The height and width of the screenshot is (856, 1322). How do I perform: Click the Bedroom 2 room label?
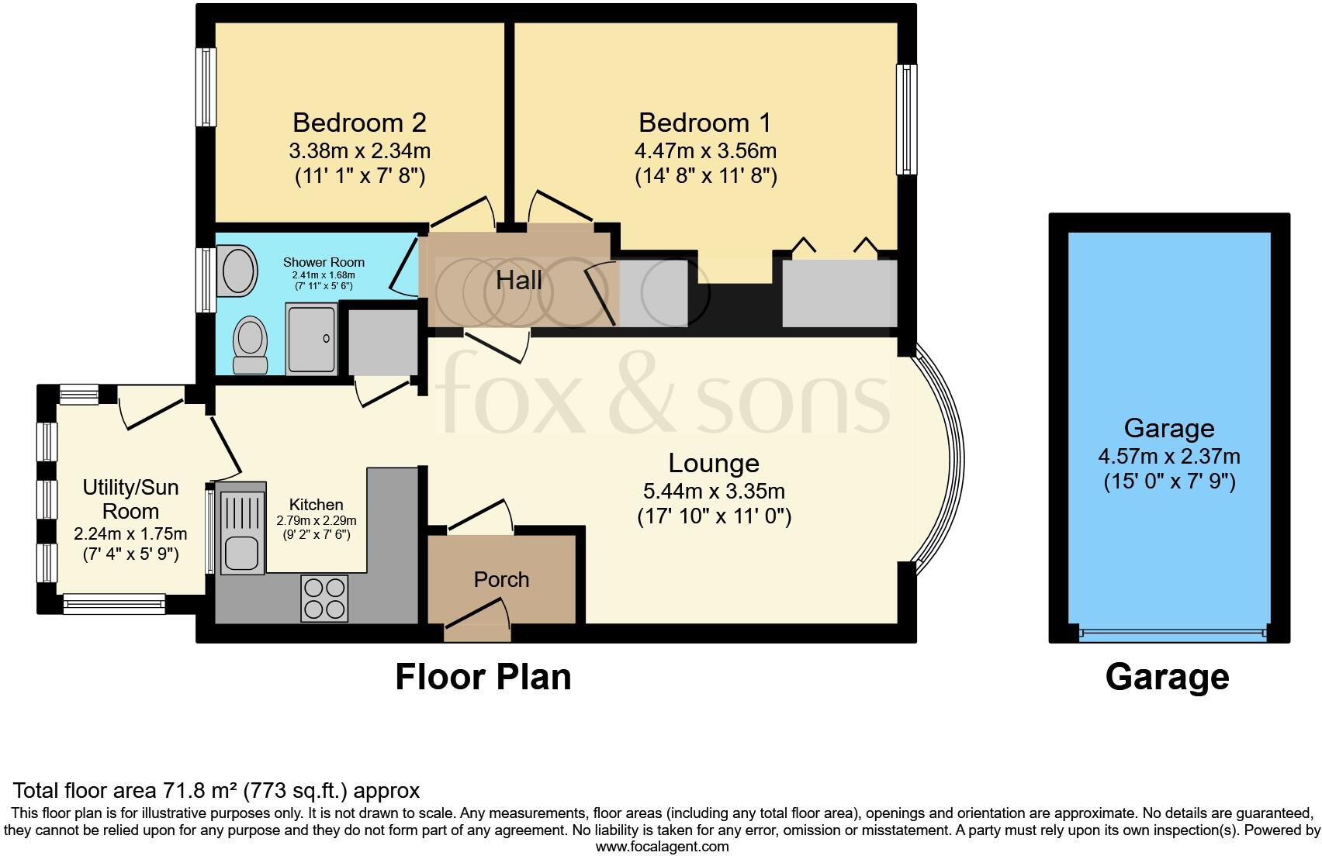[359, 123]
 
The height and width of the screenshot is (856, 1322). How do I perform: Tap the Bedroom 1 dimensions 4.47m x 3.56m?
[705, 150]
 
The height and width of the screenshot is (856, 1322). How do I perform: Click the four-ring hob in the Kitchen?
[324, 599]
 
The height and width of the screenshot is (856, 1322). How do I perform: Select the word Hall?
[519, 281]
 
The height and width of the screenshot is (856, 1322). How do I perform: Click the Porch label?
[501, 579]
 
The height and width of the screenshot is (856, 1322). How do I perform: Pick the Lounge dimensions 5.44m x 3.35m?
[714, 491]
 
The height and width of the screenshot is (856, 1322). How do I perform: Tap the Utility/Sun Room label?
[130, 499]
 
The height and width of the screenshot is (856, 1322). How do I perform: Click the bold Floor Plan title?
[483, 676]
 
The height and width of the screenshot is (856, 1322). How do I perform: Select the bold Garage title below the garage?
[1167, 677]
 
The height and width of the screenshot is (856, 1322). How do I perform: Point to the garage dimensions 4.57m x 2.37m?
[1168, 456]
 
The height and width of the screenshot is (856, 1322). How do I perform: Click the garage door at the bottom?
[1171, 633]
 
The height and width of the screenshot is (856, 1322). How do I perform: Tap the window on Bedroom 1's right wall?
[905, 119]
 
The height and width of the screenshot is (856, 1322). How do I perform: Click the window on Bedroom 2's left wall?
[205, 87]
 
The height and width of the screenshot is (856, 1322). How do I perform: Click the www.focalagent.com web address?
[662, 847]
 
